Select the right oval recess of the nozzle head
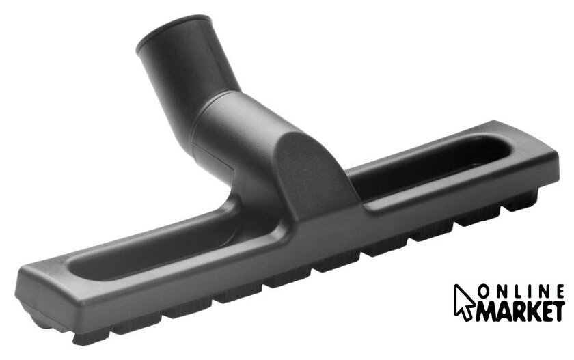tap(428, 165)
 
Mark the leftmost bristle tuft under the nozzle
tap(92, 337)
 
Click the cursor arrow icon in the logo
tap(464, 302)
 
